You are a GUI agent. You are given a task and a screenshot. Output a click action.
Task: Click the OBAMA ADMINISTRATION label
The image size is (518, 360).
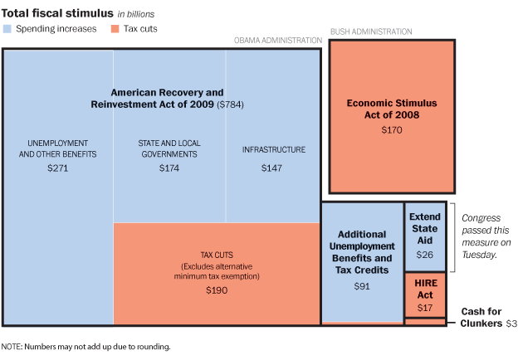(x=277, y=40)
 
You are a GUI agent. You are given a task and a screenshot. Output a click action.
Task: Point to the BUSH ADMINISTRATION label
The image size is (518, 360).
(x=371, y=32)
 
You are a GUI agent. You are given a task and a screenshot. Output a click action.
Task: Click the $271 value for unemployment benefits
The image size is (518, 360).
(x=57, y=168)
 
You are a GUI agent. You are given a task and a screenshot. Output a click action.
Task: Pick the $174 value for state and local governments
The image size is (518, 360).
(x=169, y=168)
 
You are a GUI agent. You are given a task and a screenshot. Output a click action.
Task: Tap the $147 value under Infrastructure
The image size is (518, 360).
(x=273, y=168)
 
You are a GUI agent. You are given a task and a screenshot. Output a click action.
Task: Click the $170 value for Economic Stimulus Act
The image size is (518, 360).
(x=392, y=130)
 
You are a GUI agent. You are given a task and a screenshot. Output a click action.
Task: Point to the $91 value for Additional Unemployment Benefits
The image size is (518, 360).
(x=361, y=286)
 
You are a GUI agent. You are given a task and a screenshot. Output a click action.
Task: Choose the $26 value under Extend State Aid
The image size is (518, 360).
(x=425, y=254)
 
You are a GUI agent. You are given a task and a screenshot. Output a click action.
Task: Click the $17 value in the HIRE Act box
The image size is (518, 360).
(x=425, y=308)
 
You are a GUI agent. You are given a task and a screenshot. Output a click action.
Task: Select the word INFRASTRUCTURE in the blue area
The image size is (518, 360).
(x=273, y=150)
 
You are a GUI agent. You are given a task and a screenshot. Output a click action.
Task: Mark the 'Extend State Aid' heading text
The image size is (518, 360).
(x=425, y=227)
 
